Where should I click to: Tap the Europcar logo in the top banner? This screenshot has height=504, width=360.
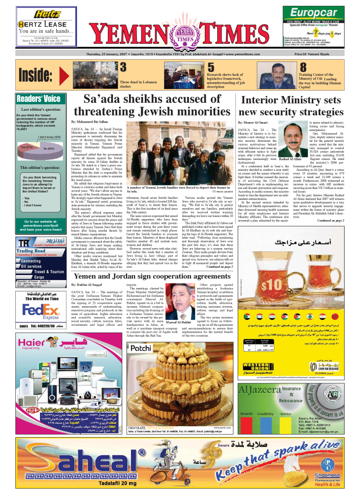(x=313, y=13)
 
